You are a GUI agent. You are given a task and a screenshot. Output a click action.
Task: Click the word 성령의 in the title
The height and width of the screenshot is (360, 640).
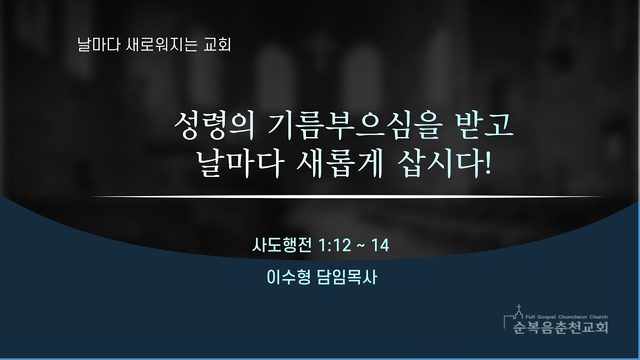point(214,126)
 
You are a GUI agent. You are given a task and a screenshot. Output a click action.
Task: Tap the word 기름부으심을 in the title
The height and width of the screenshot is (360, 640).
point(354,126)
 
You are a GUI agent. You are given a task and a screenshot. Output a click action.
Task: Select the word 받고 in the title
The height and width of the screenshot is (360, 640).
point(484,125)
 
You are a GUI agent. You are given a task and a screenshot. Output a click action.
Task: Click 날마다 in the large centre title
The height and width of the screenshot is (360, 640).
point(240,164)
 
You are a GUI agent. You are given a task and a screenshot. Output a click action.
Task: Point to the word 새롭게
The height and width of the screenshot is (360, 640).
point(340,164)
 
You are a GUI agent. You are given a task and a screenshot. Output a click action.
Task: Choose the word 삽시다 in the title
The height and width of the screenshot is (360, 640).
point(440,164)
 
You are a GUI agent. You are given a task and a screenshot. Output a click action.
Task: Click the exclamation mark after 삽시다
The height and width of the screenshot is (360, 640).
point(487,164)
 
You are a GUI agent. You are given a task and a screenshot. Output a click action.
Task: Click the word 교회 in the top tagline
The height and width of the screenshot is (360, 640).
point(218,44)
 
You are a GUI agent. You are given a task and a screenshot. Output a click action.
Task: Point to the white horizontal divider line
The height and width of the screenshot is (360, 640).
point(347,197)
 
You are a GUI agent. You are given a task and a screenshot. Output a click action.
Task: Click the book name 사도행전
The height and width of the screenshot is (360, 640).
point(282,245)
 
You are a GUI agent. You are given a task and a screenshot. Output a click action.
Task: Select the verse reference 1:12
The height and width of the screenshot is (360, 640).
point(334,245)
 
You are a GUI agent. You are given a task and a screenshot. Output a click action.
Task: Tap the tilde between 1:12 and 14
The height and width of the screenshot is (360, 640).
point(361,246)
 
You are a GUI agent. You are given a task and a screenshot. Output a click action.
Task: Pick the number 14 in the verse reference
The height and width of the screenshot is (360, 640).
point(380,245)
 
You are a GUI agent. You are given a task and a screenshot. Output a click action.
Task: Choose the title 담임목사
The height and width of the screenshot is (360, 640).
point(347,277)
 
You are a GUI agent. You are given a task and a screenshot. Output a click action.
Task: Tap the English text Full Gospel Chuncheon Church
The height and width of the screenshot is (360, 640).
point(567,317)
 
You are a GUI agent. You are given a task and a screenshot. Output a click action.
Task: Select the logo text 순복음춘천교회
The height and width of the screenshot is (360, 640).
point(561,327)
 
